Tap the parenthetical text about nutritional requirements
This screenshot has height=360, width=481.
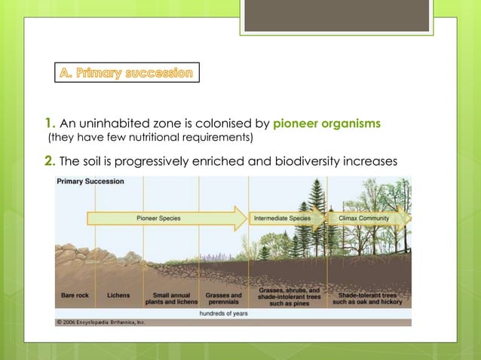(151, 138)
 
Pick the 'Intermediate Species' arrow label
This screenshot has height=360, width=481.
(282, 218)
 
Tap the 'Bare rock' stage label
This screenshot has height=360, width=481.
(75, 295)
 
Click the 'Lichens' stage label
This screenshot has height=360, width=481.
(118, 295)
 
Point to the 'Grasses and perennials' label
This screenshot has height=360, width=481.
(224, 298)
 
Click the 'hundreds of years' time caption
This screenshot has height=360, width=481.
(223, 312)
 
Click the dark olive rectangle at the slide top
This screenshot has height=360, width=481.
(335, 16)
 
